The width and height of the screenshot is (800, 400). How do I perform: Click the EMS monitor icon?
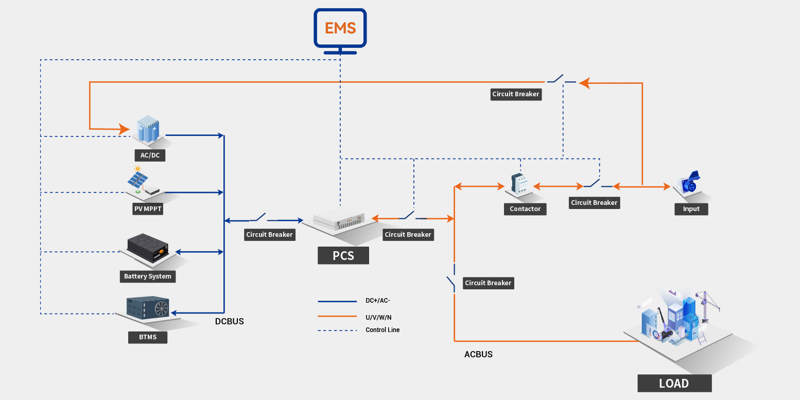(340, 28)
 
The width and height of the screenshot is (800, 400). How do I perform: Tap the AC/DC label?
(150, 155)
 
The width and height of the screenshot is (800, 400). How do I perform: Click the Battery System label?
(147, 276)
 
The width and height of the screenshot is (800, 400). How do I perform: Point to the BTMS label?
(147, 337)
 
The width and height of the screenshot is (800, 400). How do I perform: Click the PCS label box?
(343, 255)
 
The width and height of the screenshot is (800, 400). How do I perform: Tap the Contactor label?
(525, 208)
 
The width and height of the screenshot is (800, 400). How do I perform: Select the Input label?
(691, 208)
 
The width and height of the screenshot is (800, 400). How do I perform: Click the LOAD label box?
(674, 383)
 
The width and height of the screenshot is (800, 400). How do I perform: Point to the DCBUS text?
(229, 321)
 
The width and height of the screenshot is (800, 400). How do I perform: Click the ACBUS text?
(478, 354)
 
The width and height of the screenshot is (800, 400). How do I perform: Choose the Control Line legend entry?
(382, 330)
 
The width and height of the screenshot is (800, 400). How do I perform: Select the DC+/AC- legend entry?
(381, 301)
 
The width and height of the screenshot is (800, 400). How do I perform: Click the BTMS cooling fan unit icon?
(149, 308)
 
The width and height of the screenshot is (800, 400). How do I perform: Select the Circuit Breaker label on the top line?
(516, 94)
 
